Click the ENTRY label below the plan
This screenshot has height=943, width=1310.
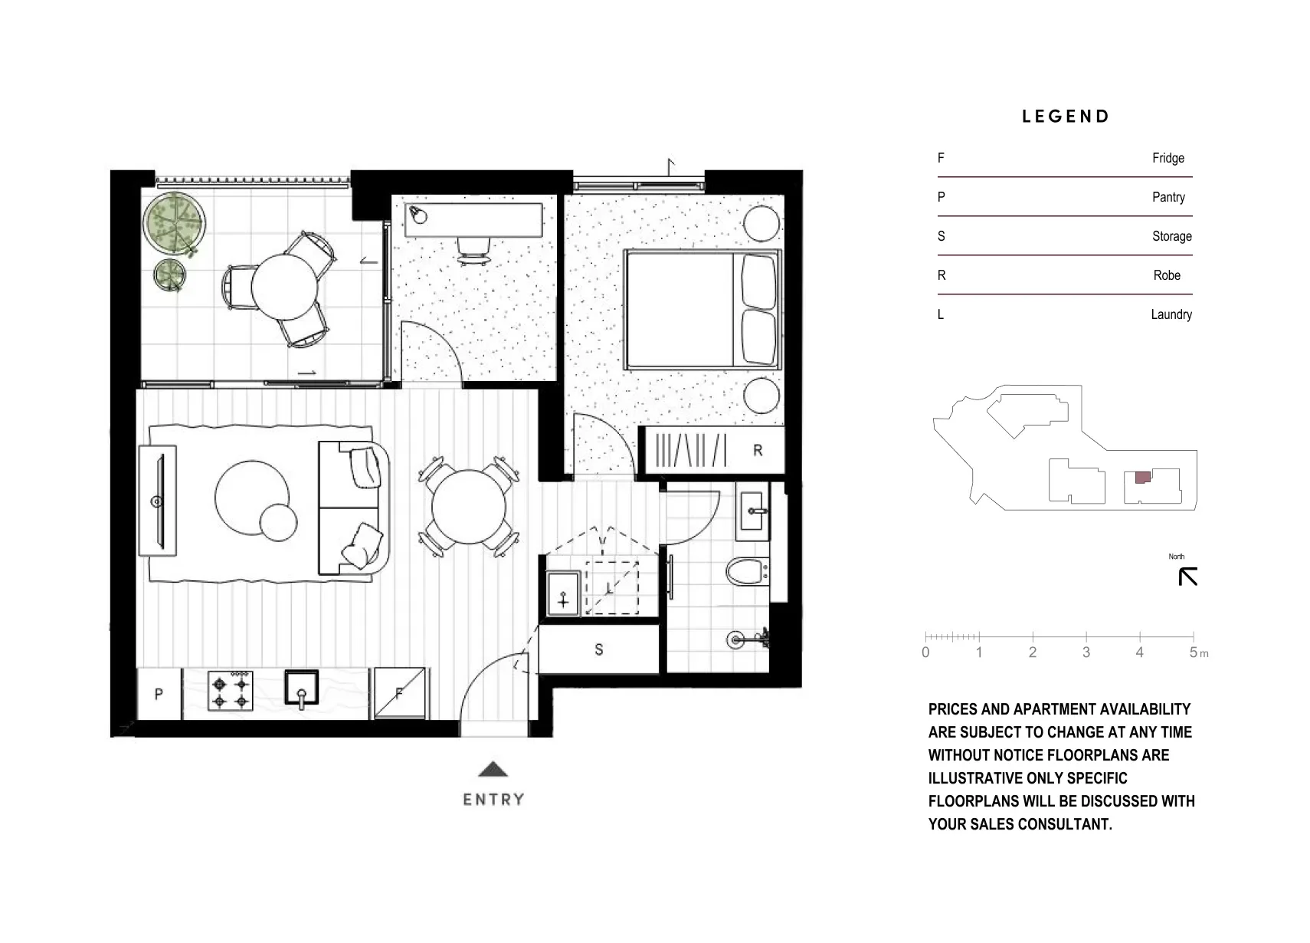493,800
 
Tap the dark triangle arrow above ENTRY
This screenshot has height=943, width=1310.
493,769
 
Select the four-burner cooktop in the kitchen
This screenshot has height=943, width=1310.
231,692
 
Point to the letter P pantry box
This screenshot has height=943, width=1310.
159,694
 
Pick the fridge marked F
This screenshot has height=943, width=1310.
398,694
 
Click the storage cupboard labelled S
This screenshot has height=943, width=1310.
598,649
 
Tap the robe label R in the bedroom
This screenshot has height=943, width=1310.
757,450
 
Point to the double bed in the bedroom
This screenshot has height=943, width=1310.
702,309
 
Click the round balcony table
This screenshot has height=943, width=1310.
283,287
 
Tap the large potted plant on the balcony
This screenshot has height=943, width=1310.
174,222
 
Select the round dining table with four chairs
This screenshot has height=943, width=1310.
468,507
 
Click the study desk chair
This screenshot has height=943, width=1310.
473,251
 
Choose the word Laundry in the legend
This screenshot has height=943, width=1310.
1171,314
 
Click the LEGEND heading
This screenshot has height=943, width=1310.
1065,117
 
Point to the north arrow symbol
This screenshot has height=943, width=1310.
1187,577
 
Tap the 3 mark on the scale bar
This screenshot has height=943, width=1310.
1086,652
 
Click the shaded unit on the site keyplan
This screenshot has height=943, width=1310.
1142,477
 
